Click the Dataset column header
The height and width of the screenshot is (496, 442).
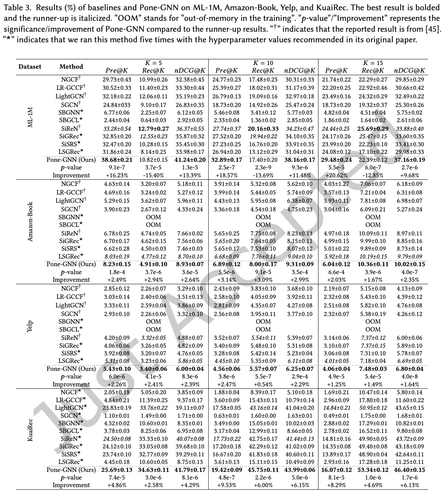30,67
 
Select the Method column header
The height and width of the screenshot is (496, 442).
71,67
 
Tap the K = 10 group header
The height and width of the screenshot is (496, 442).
263,63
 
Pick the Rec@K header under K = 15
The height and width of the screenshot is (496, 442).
373,70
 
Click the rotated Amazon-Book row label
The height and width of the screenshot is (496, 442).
30,222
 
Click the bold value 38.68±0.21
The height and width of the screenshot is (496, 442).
117,160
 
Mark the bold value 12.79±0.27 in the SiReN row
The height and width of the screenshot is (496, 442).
153,129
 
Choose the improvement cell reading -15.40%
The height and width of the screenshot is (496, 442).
153,175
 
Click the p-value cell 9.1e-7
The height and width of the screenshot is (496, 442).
117,168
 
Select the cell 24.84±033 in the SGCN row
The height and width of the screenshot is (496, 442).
117,105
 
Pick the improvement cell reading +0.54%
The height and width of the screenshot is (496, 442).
263,384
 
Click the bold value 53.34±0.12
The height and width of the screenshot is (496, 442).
373,470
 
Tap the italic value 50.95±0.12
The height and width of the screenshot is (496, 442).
373,408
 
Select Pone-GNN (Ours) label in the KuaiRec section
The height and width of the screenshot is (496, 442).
71,470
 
